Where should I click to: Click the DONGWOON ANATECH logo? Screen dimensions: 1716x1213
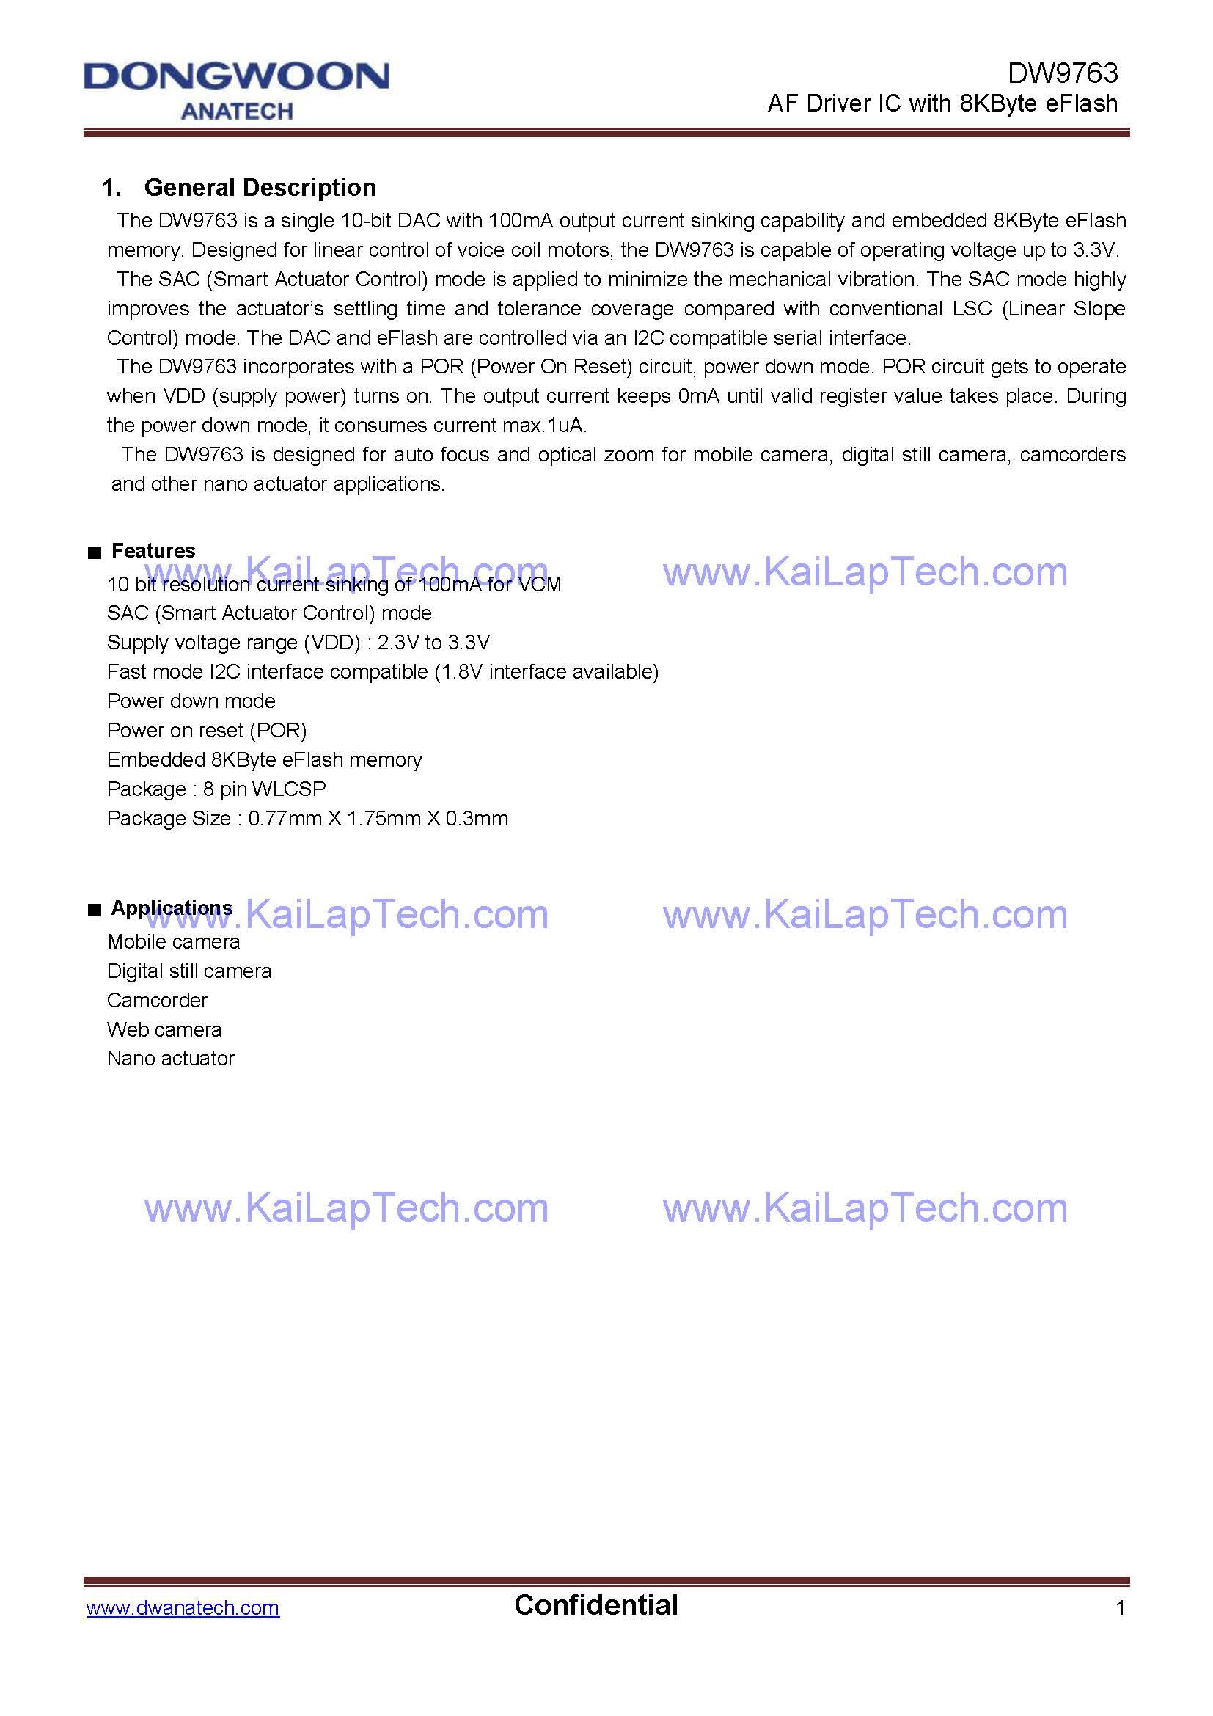[x=236, y=90]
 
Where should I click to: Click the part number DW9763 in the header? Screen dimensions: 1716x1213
[x=1062, y=73]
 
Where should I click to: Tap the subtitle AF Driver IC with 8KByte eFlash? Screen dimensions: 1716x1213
[x=942, y=103]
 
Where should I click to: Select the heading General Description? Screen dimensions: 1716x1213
[x=259, y=188]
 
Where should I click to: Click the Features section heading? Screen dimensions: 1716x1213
[x=153, y=551]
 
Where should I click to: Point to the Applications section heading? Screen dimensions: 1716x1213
[x=172, y=908]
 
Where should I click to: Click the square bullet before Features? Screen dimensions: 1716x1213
[x=94, y=553]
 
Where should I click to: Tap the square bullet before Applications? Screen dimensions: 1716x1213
[x=94, y=910]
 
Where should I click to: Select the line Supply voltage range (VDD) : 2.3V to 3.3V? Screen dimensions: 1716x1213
[x=298, y=642]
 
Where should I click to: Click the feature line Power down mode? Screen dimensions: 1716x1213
[x=191, y=701]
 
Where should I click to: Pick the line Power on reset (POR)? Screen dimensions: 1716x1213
[x=207, y=730]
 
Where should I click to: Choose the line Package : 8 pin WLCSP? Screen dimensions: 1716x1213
[x=216, y=789]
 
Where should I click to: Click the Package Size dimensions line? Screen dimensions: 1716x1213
[x=308, y=819]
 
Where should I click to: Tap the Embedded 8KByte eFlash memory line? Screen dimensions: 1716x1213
[x=265, y=759]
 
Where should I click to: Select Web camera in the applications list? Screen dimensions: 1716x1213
[x=164, y=1029]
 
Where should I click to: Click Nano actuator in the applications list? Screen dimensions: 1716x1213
[x=171, y=1059]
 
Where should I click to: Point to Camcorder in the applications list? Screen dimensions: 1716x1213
[x=157, y=1000]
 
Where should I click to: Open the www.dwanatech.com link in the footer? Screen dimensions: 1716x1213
[x=183, y=1602]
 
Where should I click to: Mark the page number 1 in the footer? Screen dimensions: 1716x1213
[x=1120, y=1602]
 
